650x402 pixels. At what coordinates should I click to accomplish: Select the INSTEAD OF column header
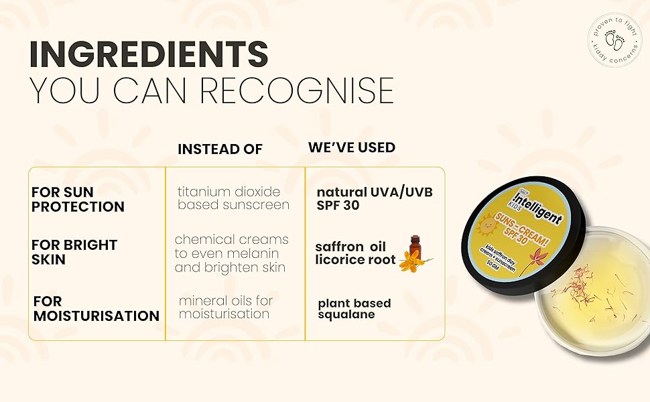click(220, 149)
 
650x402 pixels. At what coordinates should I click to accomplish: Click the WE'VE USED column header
click(351, 147)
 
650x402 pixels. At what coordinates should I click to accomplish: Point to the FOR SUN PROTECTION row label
click(78, 200)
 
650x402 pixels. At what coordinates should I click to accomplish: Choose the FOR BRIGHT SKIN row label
click(74, 251)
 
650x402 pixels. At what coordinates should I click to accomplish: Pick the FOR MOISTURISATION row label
click(96, 308)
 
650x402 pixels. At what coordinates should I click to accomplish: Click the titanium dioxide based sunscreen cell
click(233, 198)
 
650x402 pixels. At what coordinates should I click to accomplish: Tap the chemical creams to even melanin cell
click(231, 253)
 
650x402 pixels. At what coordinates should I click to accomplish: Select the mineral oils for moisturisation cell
click(225, 307)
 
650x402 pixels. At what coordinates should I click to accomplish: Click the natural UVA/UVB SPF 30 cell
click(374, 199)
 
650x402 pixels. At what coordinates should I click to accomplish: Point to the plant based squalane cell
click(354, 309)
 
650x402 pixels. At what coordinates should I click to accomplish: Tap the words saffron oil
click(350, 247)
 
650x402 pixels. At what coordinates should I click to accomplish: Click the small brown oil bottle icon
click(415, 247)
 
